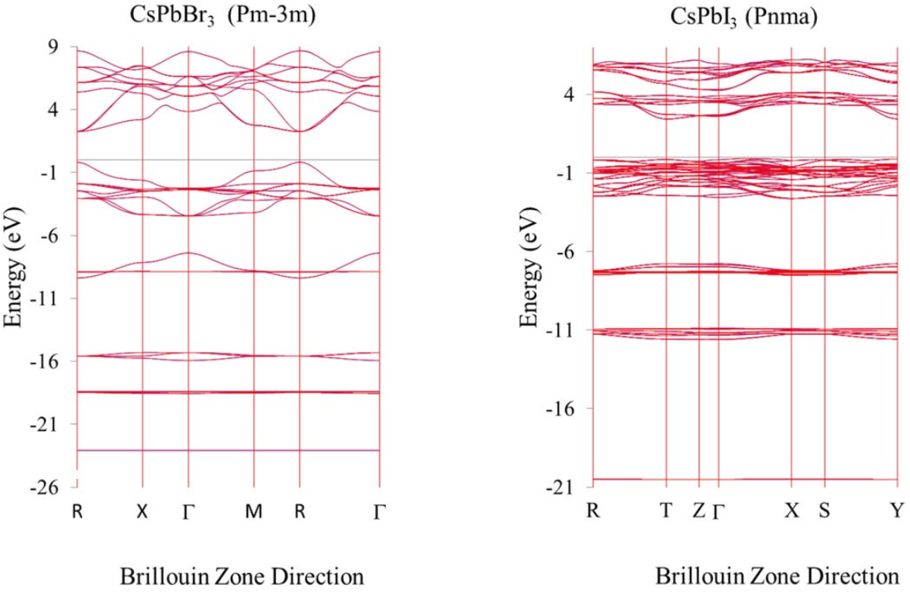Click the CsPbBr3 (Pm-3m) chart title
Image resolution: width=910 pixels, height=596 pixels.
[222, 16]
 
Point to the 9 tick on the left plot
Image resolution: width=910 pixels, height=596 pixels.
[57, 47]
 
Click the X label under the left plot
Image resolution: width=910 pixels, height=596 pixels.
[142, 511]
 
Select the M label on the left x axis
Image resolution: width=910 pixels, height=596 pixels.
[253, 511]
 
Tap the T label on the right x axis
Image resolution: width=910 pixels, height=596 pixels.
[666, 510]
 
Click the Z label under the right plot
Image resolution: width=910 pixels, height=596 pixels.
[698, 510]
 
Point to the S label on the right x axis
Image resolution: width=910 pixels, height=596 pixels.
[824, 510]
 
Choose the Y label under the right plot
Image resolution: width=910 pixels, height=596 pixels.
[898, 510]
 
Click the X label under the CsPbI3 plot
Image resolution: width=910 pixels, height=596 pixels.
[791, 510]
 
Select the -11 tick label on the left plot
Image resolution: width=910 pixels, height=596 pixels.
[50, 298]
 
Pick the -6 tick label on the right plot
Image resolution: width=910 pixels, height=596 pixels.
[567, 250]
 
